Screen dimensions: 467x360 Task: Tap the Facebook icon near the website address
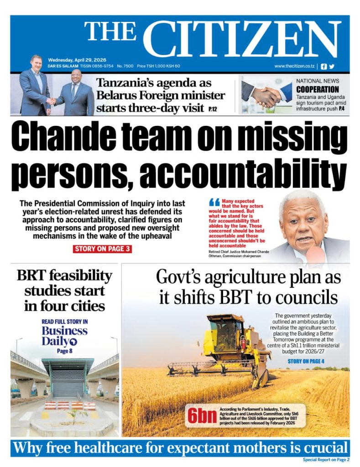(324, 66)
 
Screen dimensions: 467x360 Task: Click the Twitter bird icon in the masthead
(332, 66)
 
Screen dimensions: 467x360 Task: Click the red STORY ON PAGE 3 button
(102, 249)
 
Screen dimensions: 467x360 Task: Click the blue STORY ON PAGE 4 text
(306, 361)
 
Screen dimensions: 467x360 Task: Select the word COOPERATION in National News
(318, 89)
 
